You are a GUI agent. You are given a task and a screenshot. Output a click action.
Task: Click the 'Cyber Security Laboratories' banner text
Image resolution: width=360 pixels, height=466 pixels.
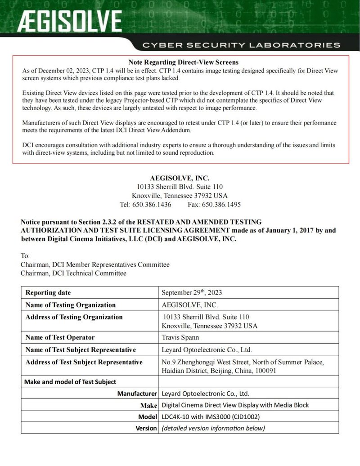point(241,45)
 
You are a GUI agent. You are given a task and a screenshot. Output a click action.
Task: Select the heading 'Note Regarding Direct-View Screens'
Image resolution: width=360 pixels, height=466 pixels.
point(183,62)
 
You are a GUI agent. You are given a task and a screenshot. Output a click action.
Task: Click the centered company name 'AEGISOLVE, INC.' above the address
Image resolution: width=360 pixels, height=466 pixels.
point(180,178)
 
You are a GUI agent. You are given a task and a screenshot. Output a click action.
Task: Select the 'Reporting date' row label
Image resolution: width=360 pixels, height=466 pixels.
point(48,292)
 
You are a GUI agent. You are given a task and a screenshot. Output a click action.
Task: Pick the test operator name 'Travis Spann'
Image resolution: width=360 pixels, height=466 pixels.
point(180,337)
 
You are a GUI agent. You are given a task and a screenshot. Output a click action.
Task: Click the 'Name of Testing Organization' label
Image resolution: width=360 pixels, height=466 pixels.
point(71,305)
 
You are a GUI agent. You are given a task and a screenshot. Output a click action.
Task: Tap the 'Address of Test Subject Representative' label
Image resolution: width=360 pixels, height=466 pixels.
point(84,362)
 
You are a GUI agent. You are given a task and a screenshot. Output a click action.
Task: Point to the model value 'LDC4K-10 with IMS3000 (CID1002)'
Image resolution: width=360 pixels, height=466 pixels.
point(211,416)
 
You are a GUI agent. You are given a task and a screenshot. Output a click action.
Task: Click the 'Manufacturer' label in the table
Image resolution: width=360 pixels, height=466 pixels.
point(137,394)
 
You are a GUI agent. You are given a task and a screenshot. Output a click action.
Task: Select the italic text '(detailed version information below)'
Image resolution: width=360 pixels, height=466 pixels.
point(213,428)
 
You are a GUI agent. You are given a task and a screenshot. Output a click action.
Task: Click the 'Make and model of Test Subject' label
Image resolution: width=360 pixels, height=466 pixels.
point(70,382)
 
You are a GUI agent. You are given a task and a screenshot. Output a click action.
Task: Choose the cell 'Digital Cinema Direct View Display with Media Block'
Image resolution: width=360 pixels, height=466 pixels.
point(235,405)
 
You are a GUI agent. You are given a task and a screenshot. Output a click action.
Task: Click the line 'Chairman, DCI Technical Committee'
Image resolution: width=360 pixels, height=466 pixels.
point(73,273)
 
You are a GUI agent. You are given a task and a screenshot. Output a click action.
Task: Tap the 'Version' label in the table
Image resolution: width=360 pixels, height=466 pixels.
point(146,428)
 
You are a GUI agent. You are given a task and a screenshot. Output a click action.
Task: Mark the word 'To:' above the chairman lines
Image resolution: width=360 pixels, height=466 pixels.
point(25,255)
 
